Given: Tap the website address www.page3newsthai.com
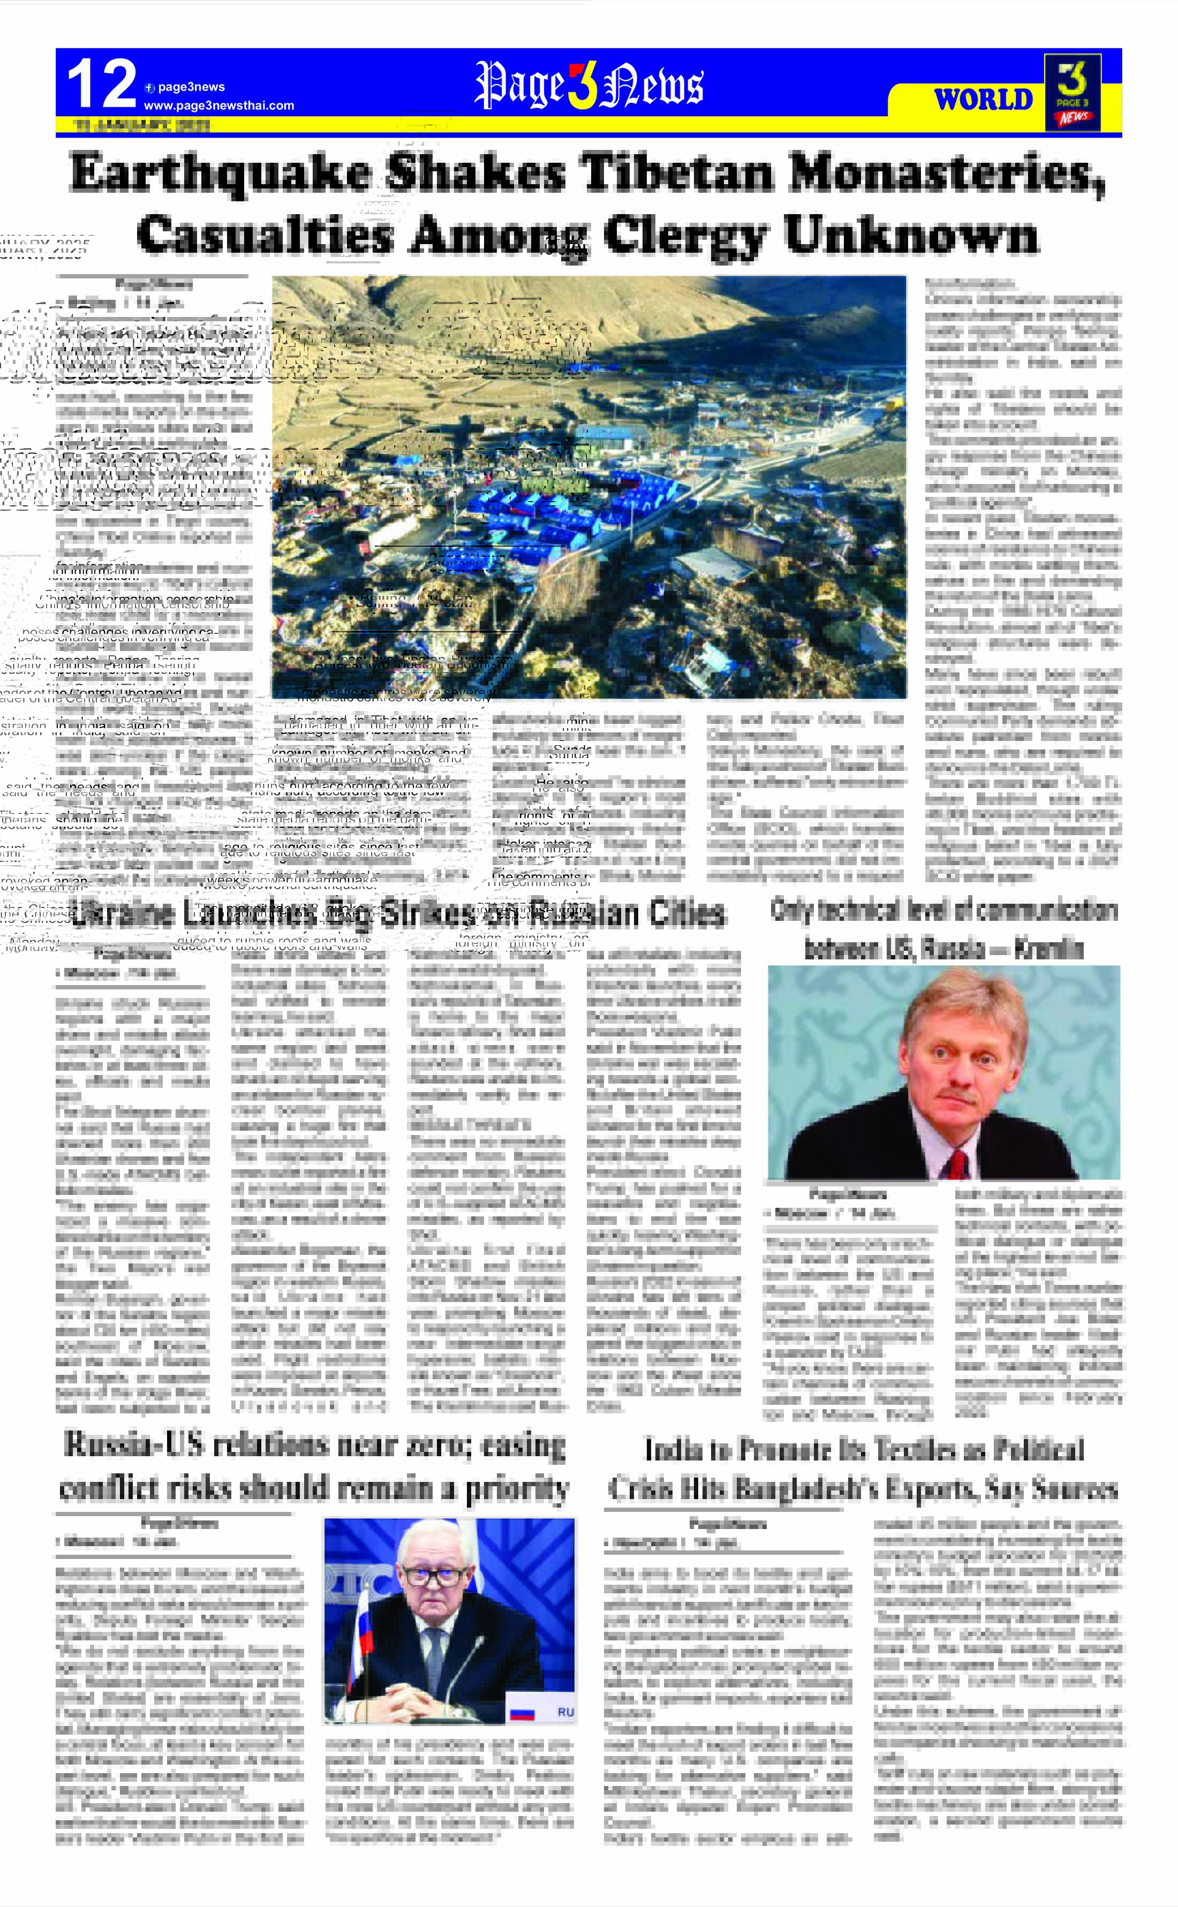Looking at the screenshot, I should click(219, 105).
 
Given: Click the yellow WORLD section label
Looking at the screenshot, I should click(983, 100).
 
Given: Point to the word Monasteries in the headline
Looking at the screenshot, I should click(947, 173).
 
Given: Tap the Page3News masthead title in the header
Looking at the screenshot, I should click(588, 86).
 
